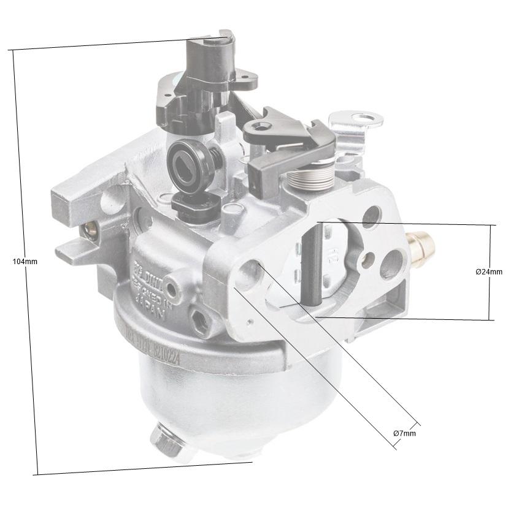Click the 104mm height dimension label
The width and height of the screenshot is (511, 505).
tap(25, 261)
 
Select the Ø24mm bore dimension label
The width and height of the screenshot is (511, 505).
tap(488, 271)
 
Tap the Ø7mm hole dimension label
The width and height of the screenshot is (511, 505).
tap(405, 433)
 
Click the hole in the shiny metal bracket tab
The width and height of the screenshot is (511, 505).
tap(367, 117)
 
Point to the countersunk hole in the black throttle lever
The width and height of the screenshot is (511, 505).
tap(264, 127)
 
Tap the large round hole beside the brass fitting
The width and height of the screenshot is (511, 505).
tap(390, 265)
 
